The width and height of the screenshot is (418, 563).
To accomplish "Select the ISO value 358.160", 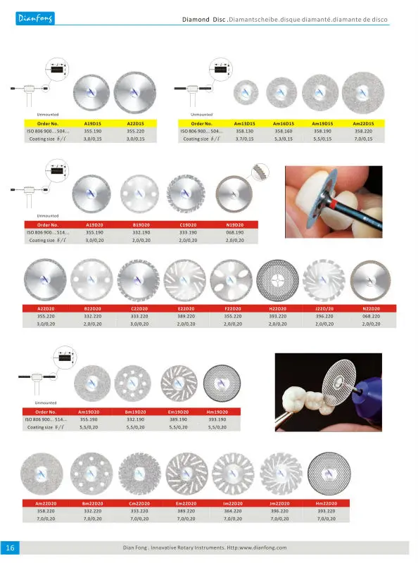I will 284,131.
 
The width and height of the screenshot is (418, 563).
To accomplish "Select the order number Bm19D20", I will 135,412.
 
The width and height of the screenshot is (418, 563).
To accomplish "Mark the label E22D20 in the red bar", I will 185,309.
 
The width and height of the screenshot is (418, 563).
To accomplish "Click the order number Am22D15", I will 362,123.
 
